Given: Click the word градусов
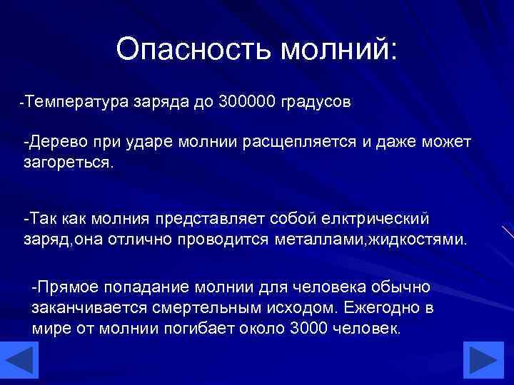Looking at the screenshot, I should click(x=315, y=102).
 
